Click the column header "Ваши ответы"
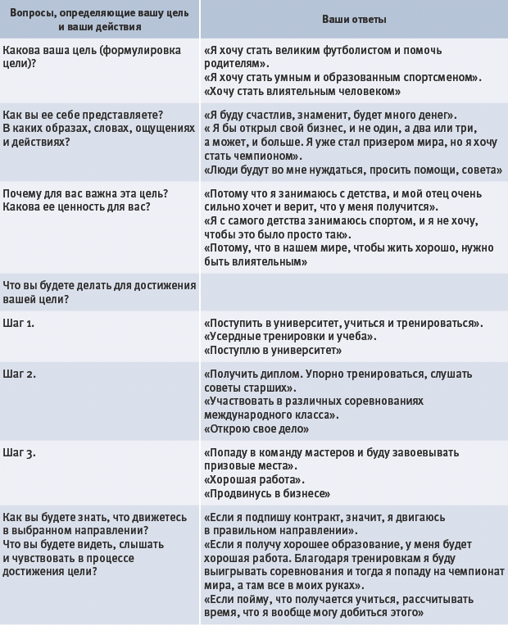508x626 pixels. [x=355, y=19]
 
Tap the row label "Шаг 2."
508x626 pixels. [x=19, y=374]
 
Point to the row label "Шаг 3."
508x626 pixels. [x=19, y=451]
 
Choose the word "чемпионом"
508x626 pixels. [x=265, y=156]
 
